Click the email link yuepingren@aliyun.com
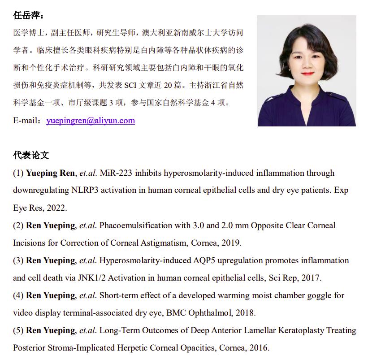coord(91,121)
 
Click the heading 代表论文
coord(31,155)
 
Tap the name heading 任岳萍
coord(27,16)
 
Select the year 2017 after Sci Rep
coord(311,278)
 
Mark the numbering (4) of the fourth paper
coord(18,295)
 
